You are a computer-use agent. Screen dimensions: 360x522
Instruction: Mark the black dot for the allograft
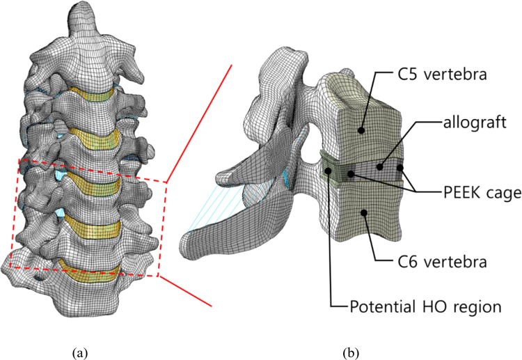pyautogui.click(x=380, y=166)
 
